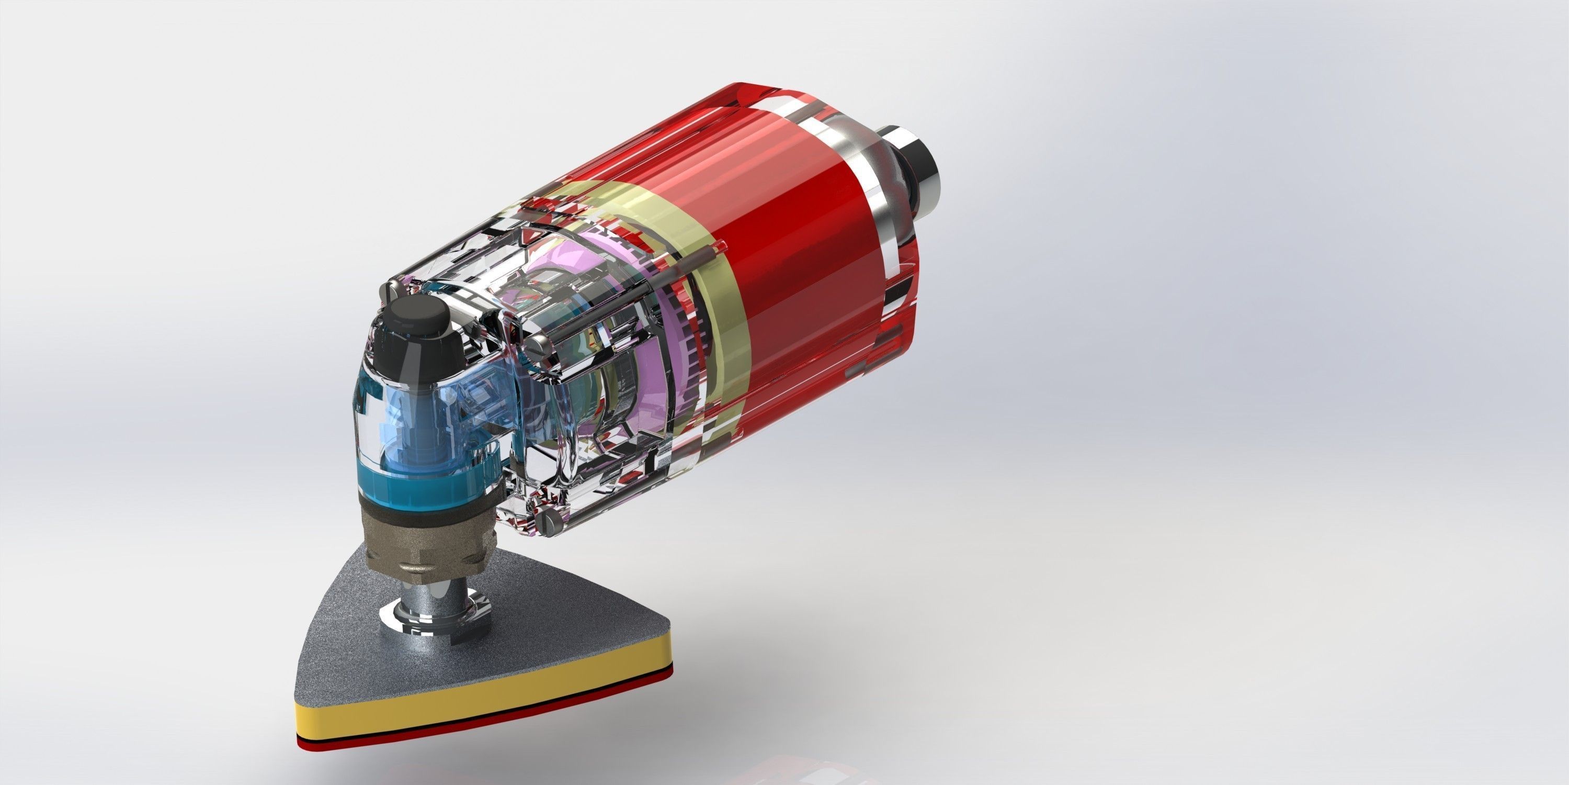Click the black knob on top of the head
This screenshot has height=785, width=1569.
pos(418,319)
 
